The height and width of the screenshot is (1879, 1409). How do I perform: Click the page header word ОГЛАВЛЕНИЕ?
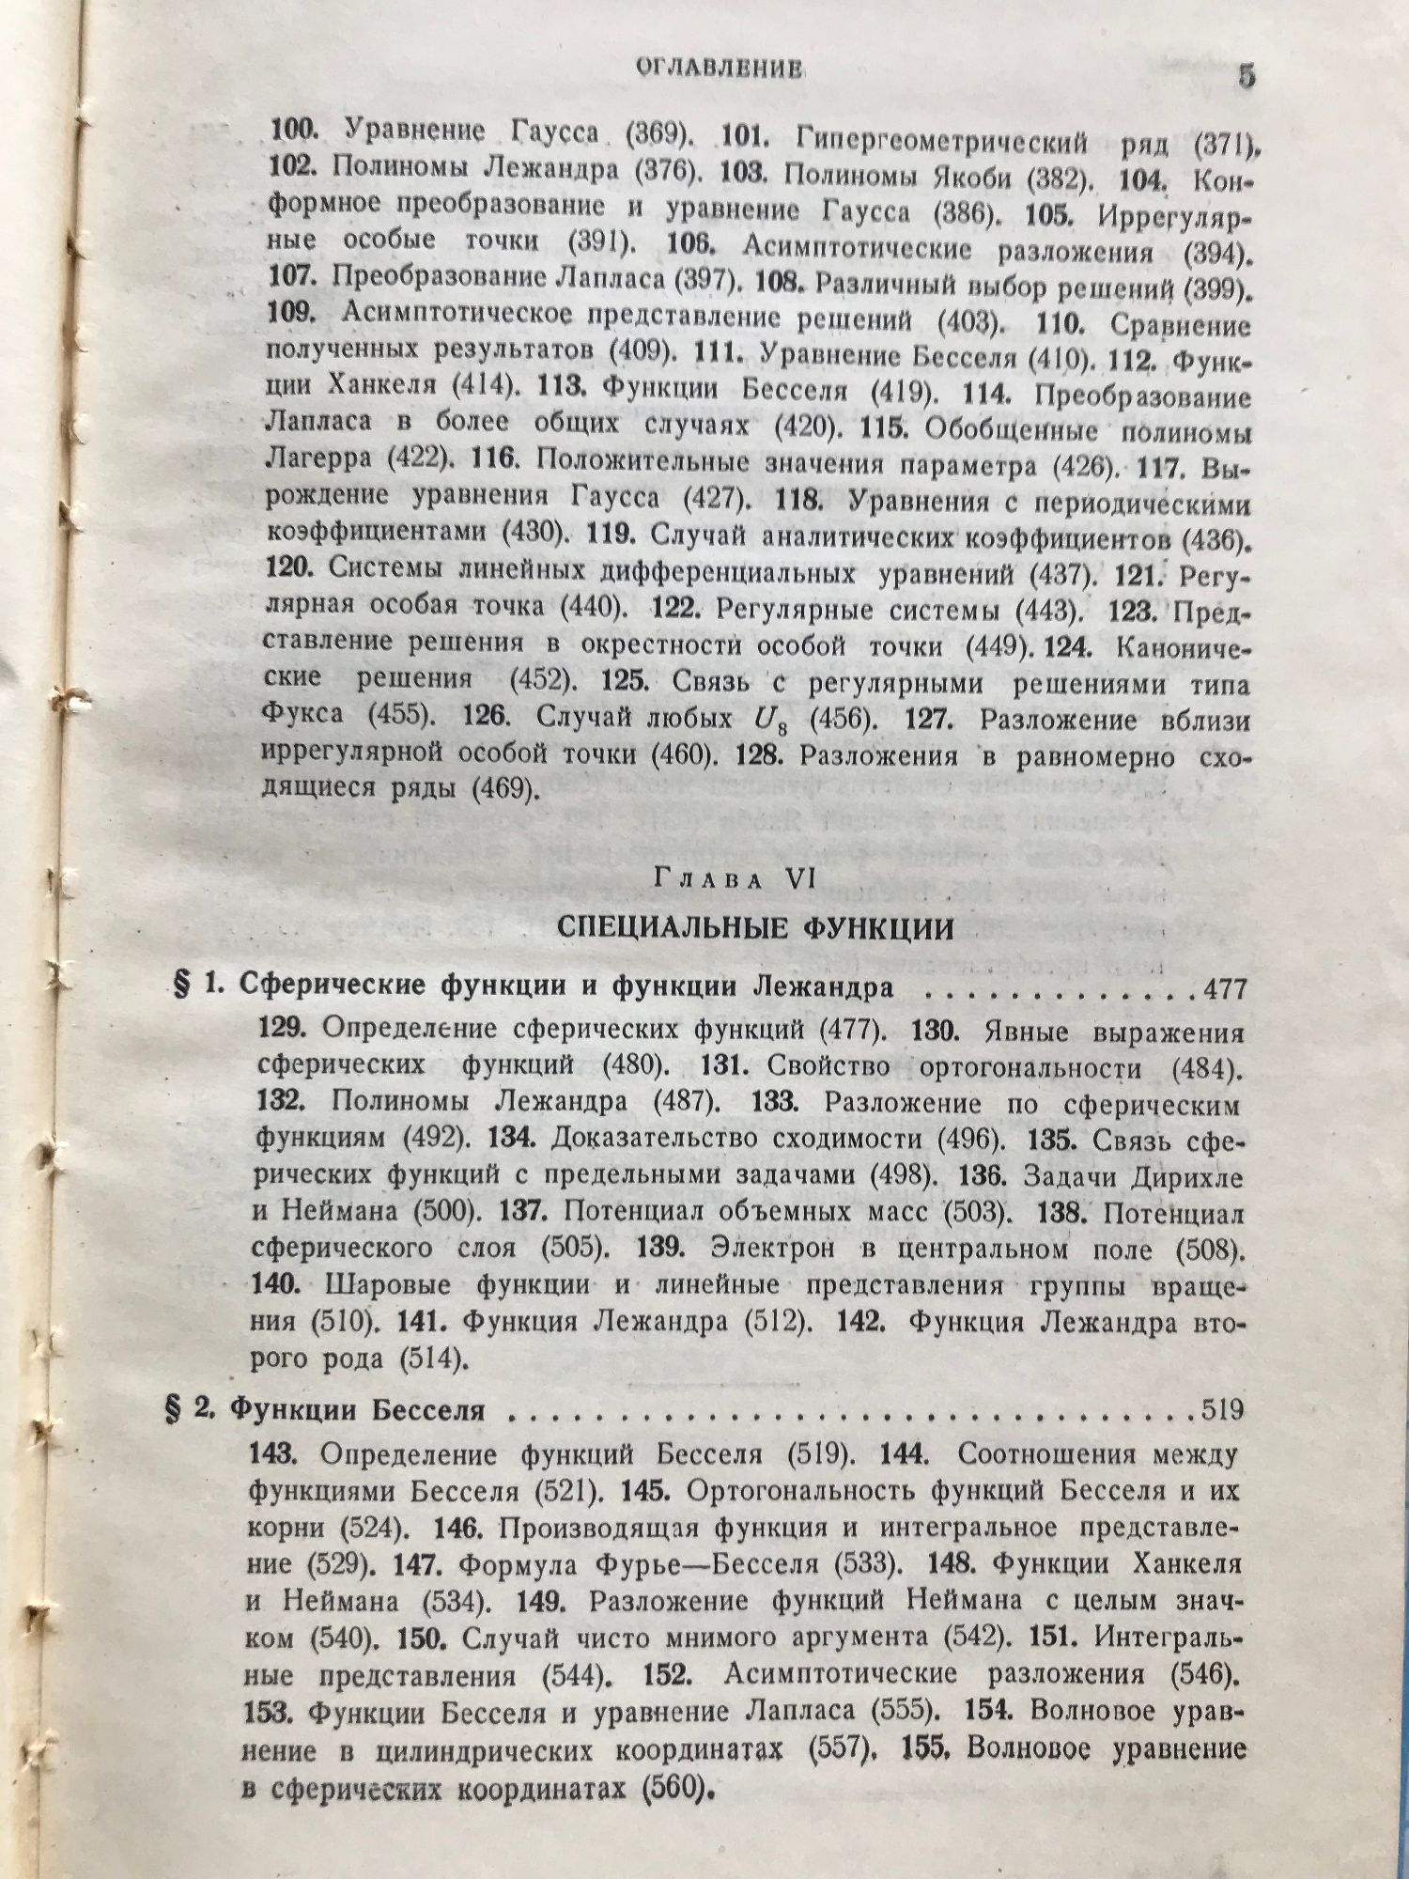click(x=719, y=68)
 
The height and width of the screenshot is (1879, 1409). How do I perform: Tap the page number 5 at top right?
click(x=1246, y=76)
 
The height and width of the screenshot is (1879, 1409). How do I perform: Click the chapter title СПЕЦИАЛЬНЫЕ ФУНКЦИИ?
click(x=755, y=928)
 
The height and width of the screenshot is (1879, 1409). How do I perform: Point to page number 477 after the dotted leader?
click(x=1222, y=989)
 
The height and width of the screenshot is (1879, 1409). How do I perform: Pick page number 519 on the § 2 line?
click(x=1221, y=1409)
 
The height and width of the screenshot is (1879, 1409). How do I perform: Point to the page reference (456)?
click(x=845, y=721)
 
